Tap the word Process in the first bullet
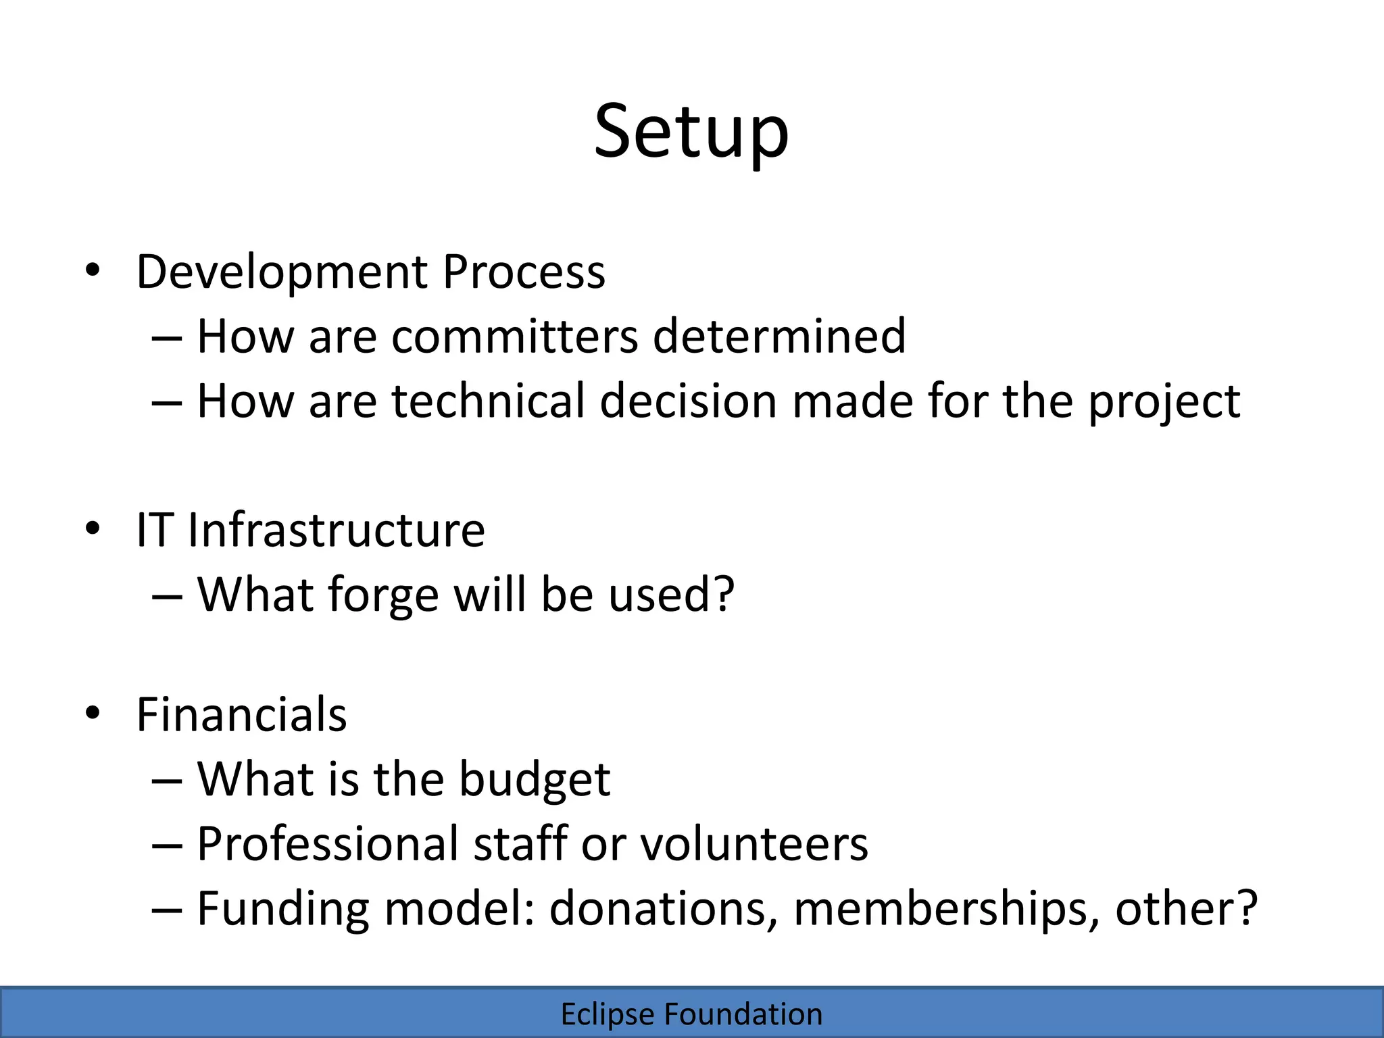pyautogui.click(x=524, y=272)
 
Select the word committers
pyautogui.click(x=514, y=336)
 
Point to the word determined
pyautogui.click(x=778, y=336)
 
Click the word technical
pyautogui.click(x=488, y=401)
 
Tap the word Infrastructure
pyautogui.click(x=336, y=530)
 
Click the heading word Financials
pyautogui.click(x=241, y=714)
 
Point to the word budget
pyautogui.click(x=535, y=780)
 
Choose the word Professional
pyautogui.click(x=327, y=844)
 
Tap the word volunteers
pyautogui.click(x=753, y=844)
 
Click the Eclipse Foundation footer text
pyautogui.click(x=691, y=1014)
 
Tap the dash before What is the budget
pyautogui.click(x=167, y=781)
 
